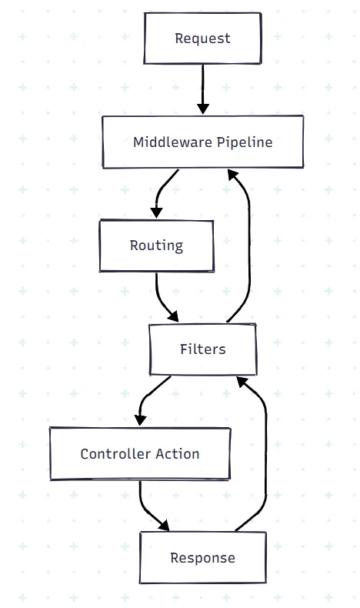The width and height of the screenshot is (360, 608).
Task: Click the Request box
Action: pyautogui.click(x=202, y=38)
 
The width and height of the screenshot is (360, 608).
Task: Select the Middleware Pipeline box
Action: pyautogui.click(x=202, y=142)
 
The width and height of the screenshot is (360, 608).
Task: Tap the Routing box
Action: pyautogui.click(x=156, y=246)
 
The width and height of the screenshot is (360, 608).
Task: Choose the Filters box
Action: pyautogui.click(x=202, y=349)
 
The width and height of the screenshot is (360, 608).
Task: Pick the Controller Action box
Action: pyautogui.click(x=140, y=453)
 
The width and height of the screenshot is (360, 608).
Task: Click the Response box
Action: pyautogui.click(x=202, y=557)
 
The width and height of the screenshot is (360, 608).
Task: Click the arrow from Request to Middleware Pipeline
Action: pyautogui.click(x=203, y=89)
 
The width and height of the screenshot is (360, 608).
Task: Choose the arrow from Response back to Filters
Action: pyautogui.click(x=265, y=454)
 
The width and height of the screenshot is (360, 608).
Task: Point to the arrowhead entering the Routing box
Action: pyautogui.click(x=156, y=212)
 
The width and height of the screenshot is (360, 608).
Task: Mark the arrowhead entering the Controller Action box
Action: pyautogui.click(x=139, y=419)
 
